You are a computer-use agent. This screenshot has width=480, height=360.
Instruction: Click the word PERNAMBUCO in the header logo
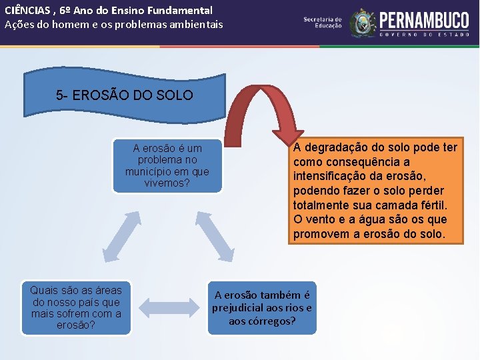(425, 19)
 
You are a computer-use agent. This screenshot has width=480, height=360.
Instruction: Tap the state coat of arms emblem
(363, 23)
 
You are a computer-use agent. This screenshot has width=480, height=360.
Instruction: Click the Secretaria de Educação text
(323, 22)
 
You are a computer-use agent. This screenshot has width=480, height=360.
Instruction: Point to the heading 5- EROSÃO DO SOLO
(125, 95)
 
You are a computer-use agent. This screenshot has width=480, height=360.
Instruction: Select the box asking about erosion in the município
(167, 166)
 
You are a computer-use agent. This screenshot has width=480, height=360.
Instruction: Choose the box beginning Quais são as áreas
(76, 307)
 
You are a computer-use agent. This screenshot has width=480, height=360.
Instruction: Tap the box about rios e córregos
(262, 308)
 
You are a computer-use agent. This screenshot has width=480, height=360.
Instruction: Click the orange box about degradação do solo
(375, 191)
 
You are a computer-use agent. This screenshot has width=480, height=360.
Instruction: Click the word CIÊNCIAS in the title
(26, 11)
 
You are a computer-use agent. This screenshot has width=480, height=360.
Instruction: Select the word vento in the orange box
(319, 220)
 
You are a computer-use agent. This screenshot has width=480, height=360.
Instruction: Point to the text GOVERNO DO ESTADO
(425, 33)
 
